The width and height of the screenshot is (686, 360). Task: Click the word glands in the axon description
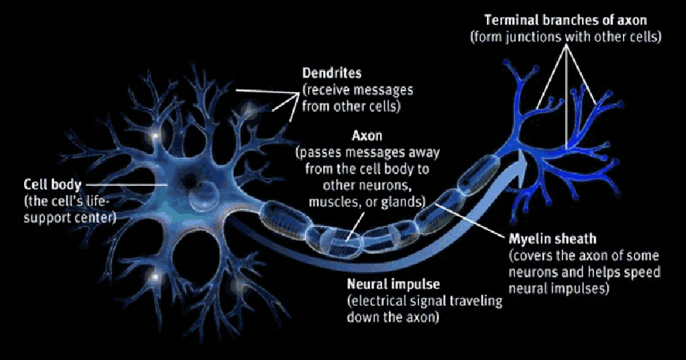405,202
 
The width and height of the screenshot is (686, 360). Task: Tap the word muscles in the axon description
333,202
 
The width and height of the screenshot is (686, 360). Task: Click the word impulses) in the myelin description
581,289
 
